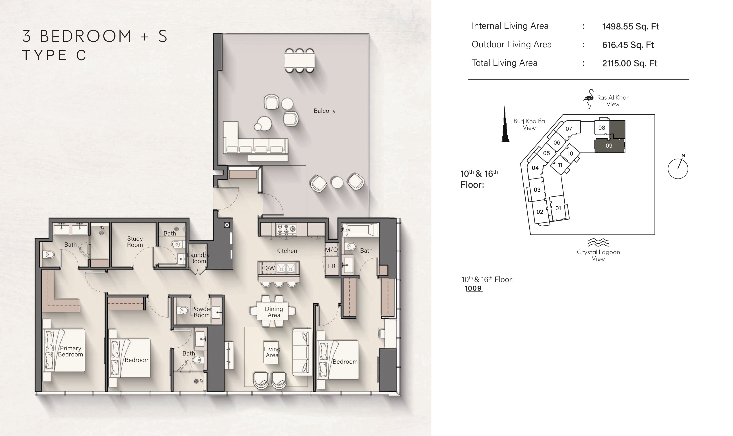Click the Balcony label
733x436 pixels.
tap(324, 111)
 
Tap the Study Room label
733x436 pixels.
tap(135, 242)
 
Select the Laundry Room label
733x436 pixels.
tap(198, 258)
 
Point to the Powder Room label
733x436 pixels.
tap(201, 312)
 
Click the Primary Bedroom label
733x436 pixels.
tap(70, 351)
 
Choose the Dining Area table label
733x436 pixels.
tap(274, 312)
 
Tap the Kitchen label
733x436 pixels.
tap(287, 251)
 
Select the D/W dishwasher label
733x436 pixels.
tap(269, 268)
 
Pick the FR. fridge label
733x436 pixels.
tap(332, 266)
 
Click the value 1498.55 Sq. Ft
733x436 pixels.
tap(630, 26)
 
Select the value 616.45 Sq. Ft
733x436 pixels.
tap(628, 45)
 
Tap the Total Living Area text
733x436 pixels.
tap(504, 63)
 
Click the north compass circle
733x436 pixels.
tap(678, 169)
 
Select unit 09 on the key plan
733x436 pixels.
tap(609, 146)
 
